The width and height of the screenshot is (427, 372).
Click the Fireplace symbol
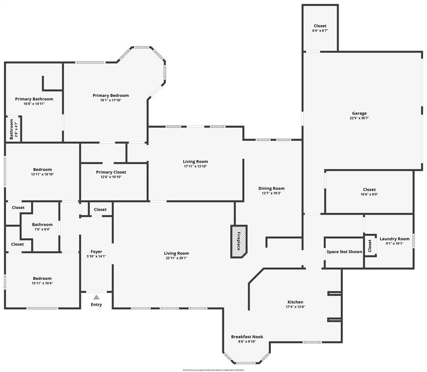click(238, 241)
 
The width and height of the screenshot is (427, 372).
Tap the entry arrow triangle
click(96, 297)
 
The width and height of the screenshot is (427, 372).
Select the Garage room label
click(359, 113)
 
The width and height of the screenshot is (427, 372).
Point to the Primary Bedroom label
click(111, 95)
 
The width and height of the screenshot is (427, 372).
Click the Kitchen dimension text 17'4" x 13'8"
click(295, 307)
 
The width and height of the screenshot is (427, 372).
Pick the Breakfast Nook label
click(247, 337)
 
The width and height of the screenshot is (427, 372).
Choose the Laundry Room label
click(394, 239)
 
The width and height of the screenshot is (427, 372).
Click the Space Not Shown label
click(344, 252)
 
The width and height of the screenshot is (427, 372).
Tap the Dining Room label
click(271, 188)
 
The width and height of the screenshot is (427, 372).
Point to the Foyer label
click(96, 251)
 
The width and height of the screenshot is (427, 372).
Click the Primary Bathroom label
click(34, 99)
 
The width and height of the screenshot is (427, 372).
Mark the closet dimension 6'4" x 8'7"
click(320, 31)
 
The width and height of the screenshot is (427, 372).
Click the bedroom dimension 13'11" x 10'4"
click(42, 283)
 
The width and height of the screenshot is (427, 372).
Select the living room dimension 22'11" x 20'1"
click(176, 258)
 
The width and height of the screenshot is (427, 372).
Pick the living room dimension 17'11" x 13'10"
click(195, 166)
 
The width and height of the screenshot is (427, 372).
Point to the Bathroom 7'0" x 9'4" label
click(42, 225)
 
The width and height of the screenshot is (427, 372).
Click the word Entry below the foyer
click(96, 305)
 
